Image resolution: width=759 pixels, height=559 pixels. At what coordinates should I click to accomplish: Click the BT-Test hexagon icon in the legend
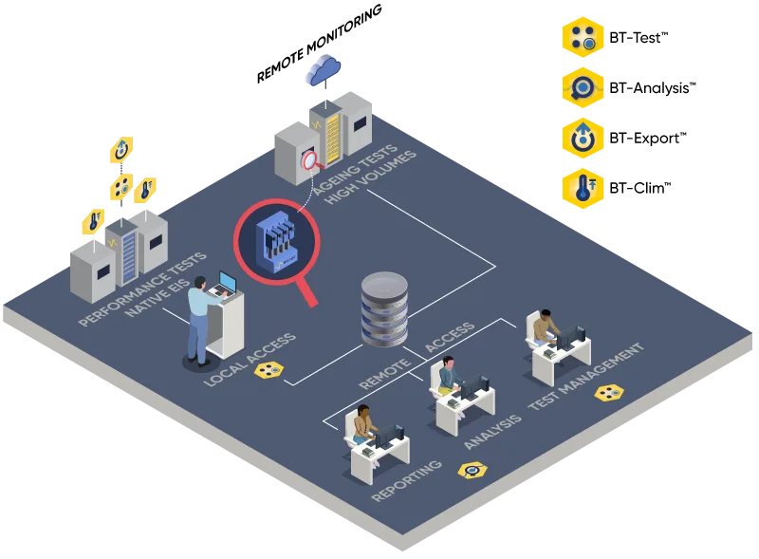[583, 38]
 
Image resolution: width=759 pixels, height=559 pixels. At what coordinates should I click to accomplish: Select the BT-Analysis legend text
[653, 88]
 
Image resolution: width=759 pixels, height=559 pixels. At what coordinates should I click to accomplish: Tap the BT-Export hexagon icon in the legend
[583, 138]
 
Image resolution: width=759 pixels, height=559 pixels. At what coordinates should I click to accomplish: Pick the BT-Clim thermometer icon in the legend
[583, 189]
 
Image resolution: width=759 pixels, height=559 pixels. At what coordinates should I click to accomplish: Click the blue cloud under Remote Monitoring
[323, 71]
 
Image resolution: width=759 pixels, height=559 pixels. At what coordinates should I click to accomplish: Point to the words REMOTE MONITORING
[319, 44]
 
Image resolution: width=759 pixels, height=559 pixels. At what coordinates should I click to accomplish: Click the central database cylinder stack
[385, 309]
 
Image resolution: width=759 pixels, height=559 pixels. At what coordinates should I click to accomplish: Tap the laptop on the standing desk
[224, 285]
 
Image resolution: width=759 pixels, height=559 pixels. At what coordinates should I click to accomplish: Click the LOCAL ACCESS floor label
[250, 359]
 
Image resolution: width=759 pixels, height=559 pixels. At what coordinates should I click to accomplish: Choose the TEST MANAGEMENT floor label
[585, 377]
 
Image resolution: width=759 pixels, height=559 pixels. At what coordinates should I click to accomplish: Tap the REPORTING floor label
[406, 480]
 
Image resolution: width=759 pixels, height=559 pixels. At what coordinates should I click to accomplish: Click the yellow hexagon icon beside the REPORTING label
[472, 471]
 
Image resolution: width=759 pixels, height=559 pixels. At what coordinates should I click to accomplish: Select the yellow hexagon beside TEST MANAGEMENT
[609, 393]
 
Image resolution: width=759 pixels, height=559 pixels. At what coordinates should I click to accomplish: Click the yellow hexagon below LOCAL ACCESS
[268, 370]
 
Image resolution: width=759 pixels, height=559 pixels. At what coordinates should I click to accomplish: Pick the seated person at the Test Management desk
[545, 328]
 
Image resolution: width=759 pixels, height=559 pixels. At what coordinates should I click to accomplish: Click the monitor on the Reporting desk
[390, 436]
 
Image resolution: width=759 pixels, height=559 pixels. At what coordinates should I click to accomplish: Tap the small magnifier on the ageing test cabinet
[312, 161]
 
